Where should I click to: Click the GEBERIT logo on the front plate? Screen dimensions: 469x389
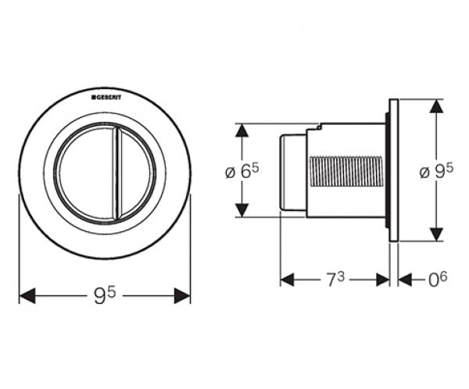click(106, 98)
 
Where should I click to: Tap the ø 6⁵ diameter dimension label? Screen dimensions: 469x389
click(242, 171)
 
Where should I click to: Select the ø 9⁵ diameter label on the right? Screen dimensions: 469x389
click(436, 171)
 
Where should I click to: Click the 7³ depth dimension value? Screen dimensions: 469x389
click(335, 280)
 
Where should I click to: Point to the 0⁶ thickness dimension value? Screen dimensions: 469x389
click(438, 280)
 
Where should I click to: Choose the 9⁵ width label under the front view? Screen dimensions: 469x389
click(105, 295)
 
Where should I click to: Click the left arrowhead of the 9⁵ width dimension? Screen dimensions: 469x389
click(27, 296)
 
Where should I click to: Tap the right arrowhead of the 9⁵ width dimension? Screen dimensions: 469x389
click(182, 296)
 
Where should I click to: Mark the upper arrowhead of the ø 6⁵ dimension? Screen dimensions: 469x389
click(242, 130)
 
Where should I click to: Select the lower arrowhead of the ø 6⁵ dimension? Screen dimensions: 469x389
click(242, 210)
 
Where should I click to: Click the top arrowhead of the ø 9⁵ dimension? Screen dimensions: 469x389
click(436, 106)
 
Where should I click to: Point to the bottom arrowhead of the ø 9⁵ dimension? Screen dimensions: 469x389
click(436, 234)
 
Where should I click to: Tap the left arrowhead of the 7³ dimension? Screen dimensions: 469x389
click(287, 280)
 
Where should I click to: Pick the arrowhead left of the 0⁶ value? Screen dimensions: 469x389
click(405, 280)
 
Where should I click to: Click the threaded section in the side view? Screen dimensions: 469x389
click(347, 172)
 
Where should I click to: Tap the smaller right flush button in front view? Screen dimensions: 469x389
click(135, 173)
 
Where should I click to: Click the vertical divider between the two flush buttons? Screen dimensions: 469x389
click(116, 173)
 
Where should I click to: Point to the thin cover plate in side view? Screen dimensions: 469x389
click(394, 170)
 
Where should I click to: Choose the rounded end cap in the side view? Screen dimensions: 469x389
click(292, 173)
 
